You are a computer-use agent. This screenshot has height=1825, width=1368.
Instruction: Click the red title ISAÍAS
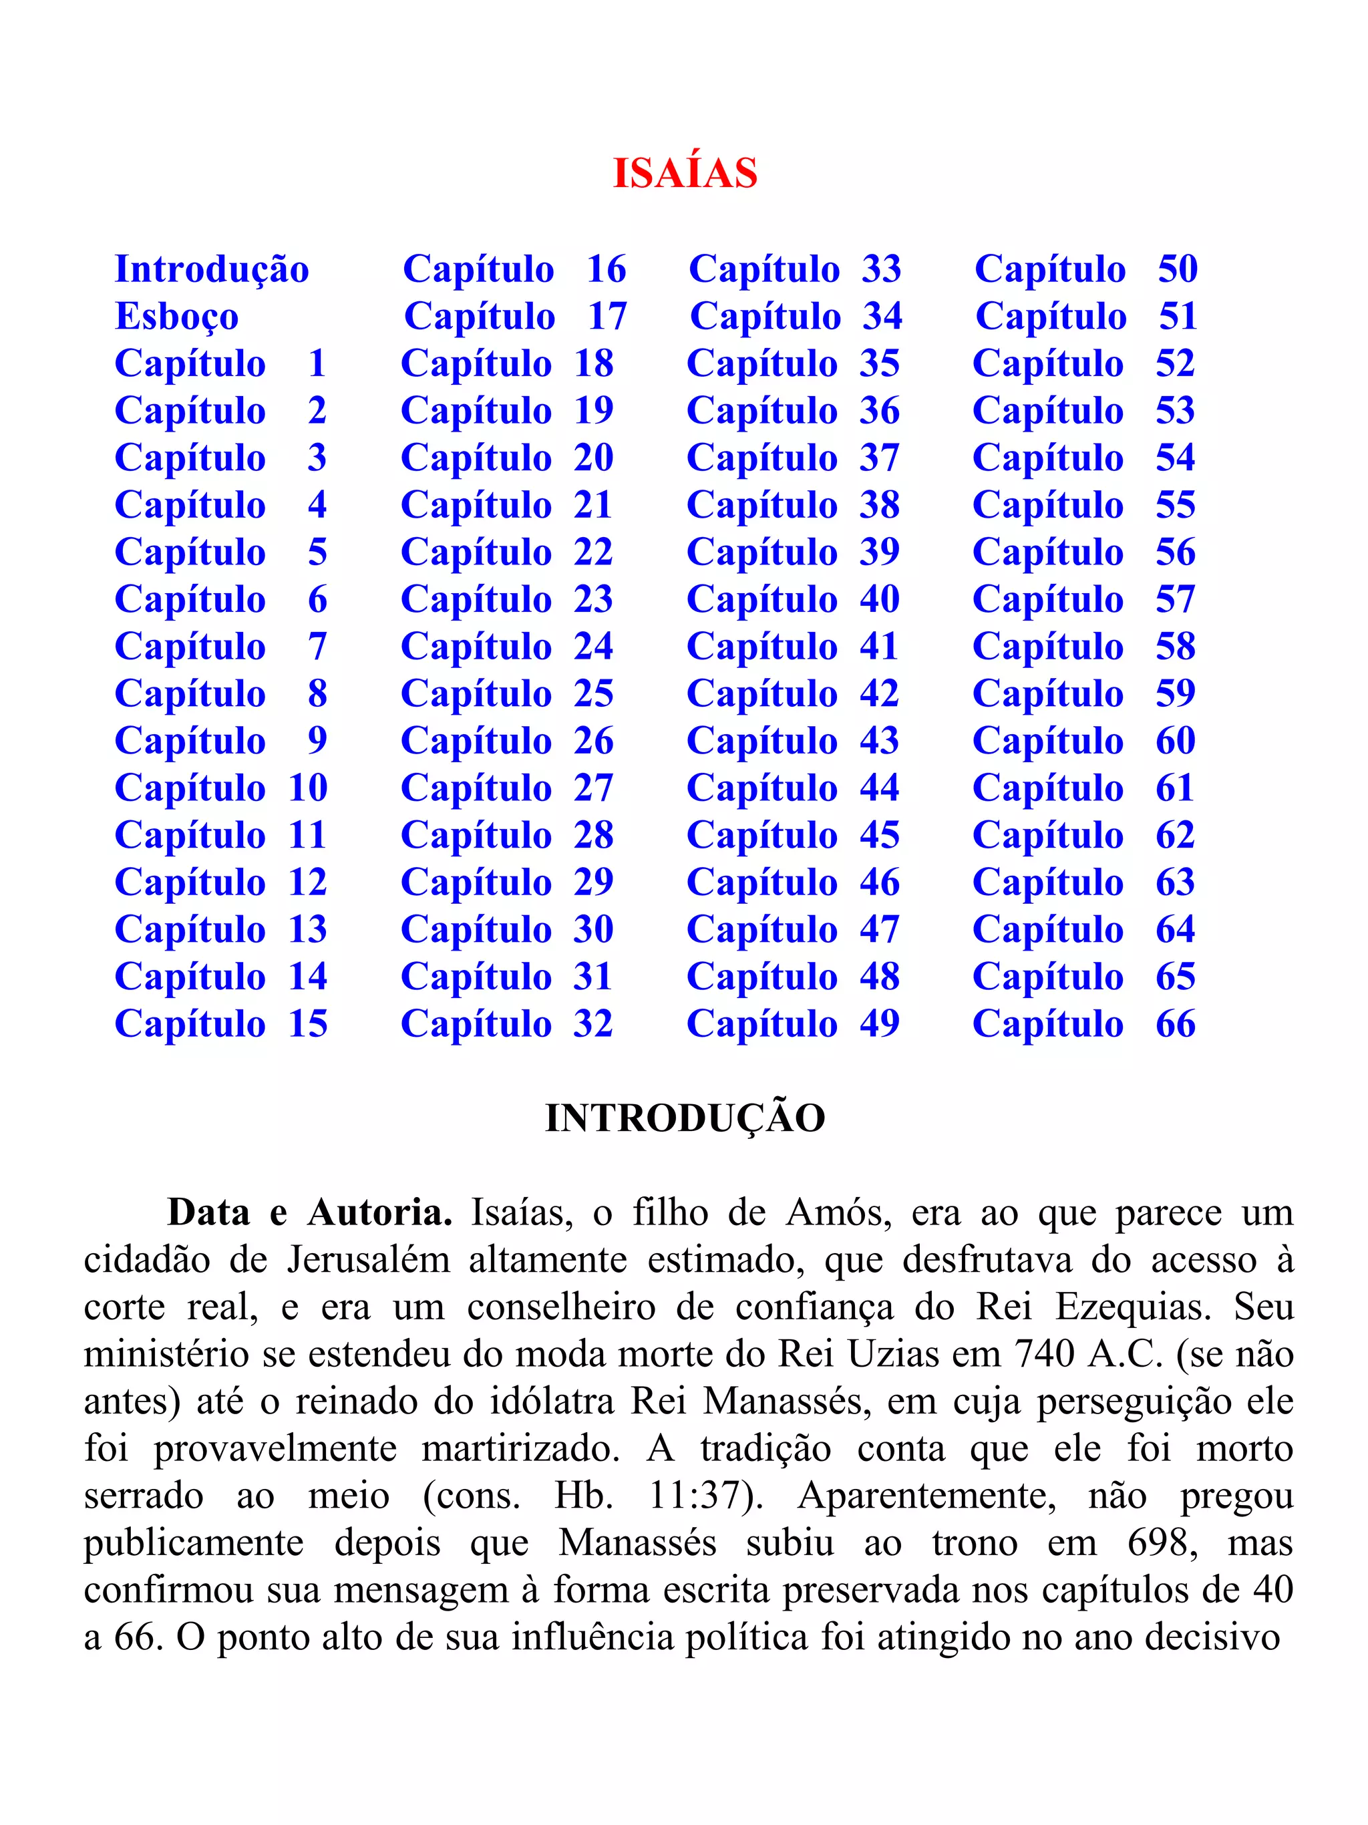[684, 173]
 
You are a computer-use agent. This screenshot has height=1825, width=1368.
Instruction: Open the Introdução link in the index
[212, 270]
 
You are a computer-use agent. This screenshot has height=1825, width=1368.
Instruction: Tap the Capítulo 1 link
[220, 364]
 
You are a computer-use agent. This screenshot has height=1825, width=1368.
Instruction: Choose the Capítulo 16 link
[514, 270]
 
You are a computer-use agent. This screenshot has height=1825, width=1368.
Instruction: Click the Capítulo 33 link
[795, 270]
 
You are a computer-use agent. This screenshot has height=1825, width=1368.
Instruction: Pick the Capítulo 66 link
[1083, 1024]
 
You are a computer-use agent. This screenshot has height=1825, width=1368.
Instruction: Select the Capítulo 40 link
[792, 600]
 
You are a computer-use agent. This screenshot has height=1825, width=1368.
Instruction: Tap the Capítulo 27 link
[506, 788]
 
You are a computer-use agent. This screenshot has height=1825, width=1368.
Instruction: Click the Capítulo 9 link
[220, 741]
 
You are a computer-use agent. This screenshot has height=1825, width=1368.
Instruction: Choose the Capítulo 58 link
[1083, 647]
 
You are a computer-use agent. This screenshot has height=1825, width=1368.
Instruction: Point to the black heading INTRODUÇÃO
[684, 1118]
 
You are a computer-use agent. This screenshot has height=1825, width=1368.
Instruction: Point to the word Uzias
[894, 1354]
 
